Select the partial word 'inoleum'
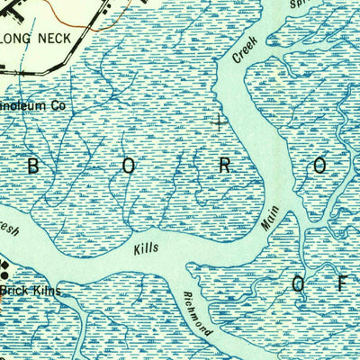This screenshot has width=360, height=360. pyautogui.click(x=25, y=105)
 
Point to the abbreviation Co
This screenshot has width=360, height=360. pyautogui.click(x=58, y=105)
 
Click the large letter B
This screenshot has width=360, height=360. pyautogui.click(x=36, y=166)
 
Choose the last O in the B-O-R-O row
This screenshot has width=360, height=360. pyautogui.click(x=322, y=166)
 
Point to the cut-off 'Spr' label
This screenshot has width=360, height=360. pyautogui.click(x=300, y=4)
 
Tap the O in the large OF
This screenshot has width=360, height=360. pyautogui.click(x=301, y=285)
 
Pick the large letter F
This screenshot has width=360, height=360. pyautogui.click(x=342, y=285)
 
